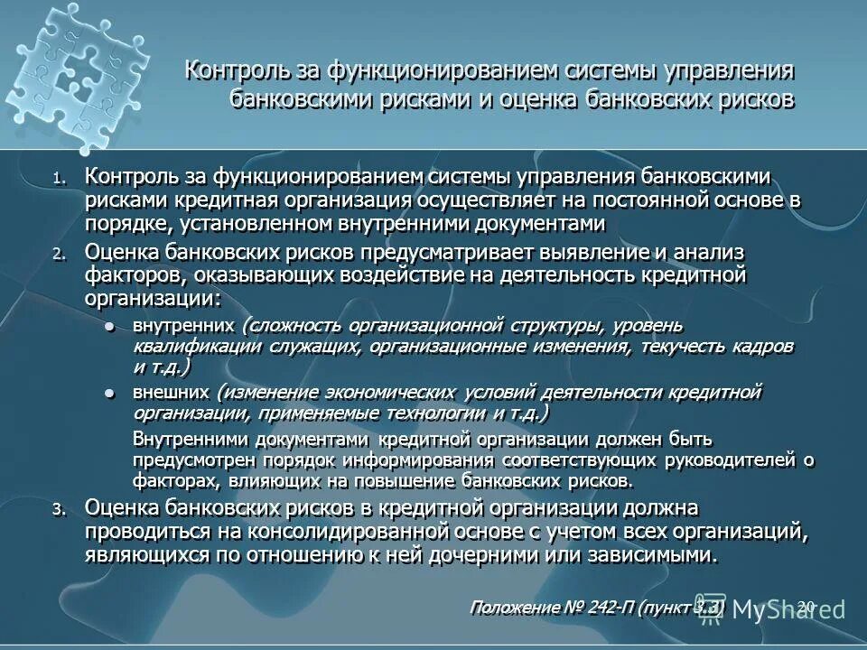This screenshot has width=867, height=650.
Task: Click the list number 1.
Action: pyautogui.click(x=59, y=179)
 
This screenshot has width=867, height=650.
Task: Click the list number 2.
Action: pyautogui.click(x=59, y=255)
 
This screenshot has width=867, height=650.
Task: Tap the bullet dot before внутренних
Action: pyautogui.click(x=110, y=326)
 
